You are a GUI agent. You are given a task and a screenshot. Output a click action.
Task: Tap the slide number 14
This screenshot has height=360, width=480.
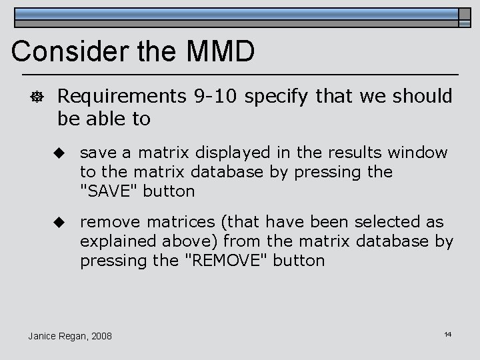click(448, 333)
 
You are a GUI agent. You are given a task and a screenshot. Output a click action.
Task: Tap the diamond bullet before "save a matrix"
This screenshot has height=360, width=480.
click(59, 153)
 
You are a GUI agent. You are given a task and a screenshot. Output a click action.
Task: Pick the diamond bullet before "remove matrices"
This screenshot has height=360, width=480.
click(59, 221)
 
